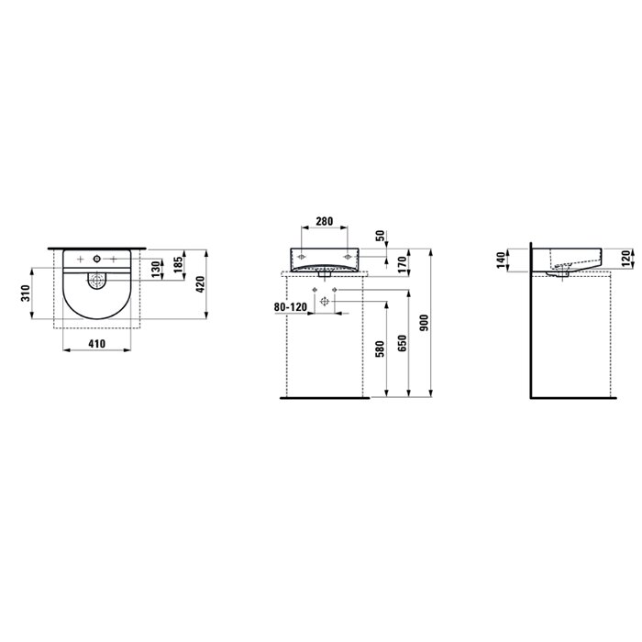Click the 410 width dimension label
pyautogui.click(x=97, y=344)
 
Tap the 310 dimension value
pyautogui.click(x=26, y=293)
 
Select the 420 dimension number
pyautogui.click(x=200, y=284)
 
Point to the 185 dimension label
pyautogui.click(x=178, y=265)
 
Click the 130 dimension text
pyautogui.click(x=156, y=270)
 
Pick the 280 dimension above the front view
pyautogui.click(x=325, y=221)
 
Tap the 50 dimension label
pyautogui.click(x=381, y=236)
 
